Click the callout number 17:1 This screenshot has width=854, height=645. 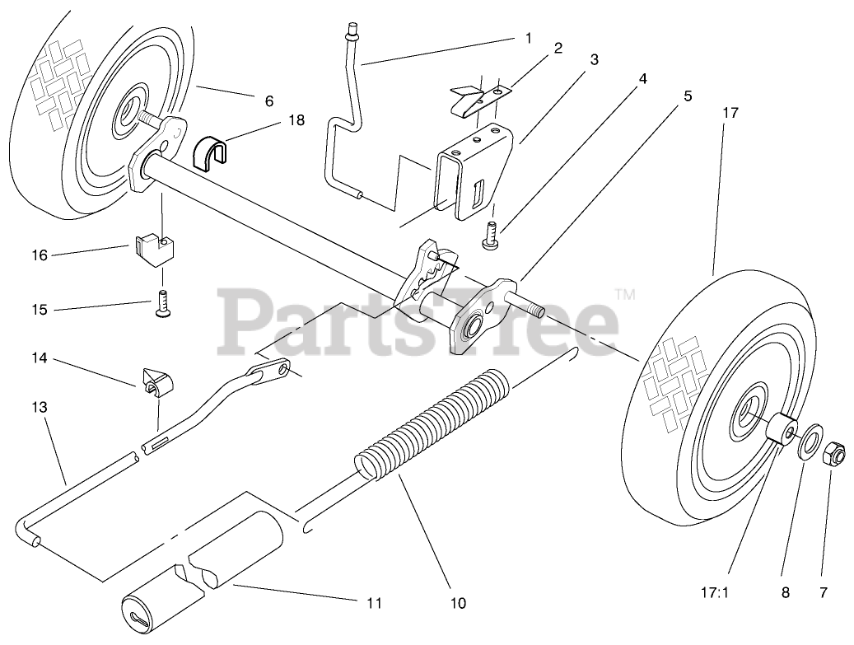715,591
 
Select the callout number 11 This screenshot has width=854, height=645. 374,604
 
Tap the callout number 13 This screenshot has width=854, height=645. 41,407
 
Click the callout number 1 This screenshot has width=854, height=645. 528,37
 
